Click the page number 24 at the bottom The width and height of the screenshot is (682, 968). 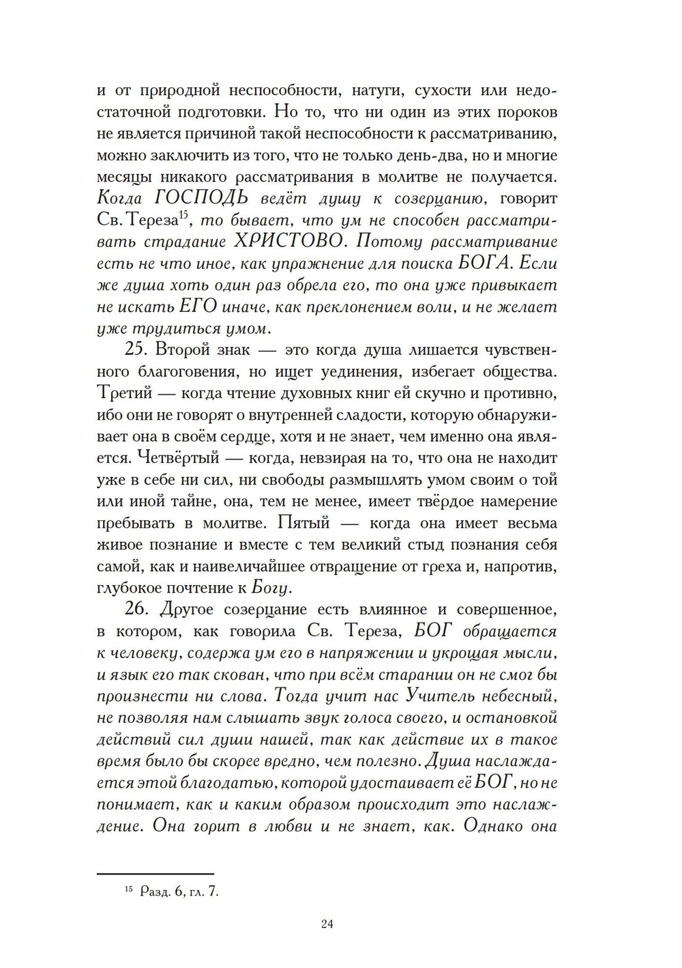326,924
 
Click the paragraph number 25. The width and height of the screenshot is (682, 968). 136,350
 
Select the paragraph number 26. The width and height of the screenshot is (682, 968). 137,609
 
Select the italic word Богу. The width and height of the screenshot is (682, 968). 271,588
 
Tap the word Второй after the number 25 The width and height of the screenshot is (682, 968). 181,350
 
